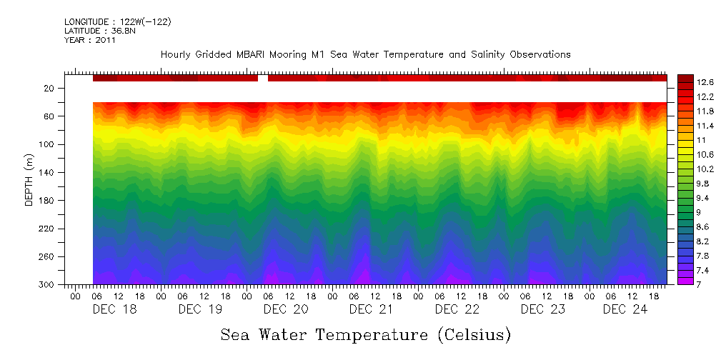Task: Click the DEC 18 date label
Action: [x=114, y=309]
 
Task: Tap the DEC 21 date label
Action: [x=372, y=309]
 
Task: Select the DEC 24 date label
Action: [x=625, y=309]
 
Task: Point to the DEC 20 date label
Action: [x=286, y=309]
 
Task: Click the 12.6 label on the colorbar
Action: [x=687, y=81]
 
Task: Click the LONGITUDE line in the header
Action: [x=117, y=22]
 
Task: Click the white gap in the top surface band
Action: [x=263, y=78]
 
